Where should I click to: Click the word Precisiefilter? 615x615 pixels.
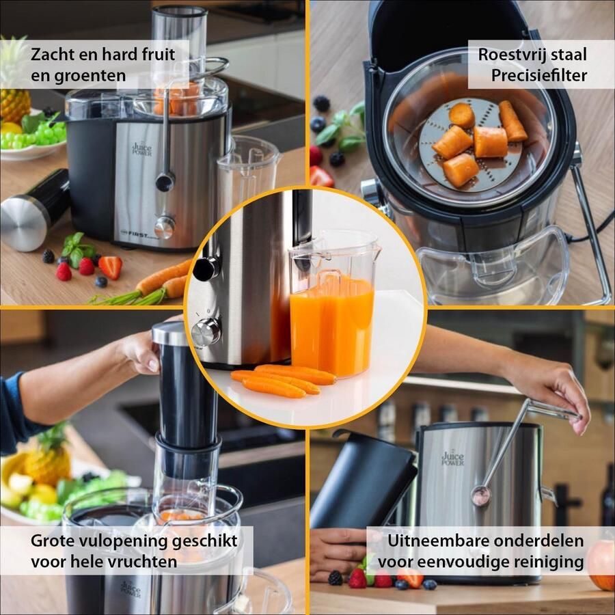click(x=539, y=75)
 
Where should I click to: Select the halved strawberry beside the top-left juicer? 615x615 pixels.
click(x=111, y=266)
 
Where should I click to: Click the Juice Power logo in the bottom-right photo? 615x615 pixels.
click(x=452, y=458)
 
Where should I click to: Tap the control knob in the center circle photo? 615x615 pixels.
click(x=206, y=332)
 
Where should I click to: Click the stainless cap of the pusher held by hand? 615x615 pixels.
click(x=169, y=333)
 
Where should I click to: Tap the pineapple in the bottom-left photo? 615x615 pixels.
click(x=48, y=458)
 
